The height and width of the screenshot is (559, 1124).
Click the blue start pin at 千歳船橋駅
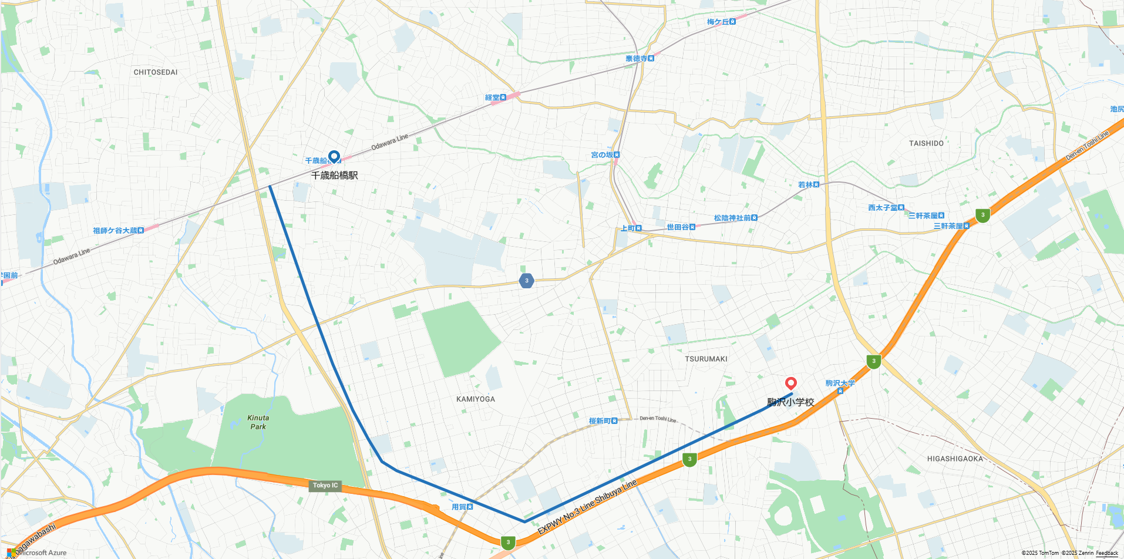(334, 157)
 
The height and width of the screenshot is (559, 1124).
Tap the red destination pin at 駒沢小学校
(791, 383)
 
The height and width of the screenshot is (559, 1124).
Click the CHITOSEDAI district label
(156, 72)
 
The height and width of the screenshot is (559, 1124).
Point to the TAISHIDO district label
(926, 143)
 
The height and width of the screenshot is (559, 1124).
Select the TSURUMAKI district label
(706, 359)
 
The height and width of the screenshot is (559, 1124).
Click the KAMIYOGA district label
(476, 399)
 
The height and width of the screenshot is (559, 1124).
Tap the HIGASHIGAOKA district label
(955, 459)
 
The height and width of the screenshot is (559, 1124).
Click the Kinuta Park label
(258, 422)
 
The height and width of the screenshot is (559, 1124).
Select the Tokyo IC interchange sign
(325, 486)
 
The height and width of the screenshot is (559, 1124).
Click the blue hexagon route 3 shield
(527, 281)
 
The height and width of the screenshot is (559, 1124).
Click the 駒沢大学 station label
(840, 383)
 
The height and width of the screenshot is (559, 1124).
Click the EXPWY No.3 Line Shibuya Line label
(587, 507)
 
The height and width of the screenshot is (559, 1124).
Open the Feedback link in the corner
(1107, 553)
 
